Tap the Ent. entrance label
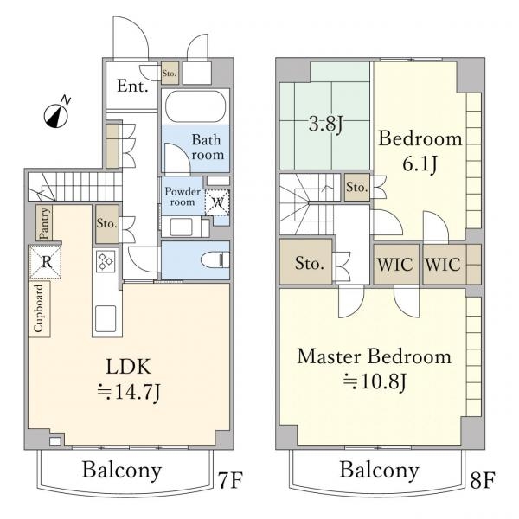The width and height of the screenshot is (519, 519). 132,86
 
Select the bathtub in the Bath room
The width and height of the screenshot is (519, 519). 195,108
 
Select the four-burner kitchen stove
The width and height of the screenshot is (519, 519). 106,261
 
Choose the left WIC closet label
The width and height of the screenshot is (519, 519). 396,265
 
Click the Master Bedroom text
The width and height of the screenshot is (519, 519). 374,356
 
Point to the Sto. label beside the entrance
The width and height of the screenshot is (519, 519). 169,73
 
